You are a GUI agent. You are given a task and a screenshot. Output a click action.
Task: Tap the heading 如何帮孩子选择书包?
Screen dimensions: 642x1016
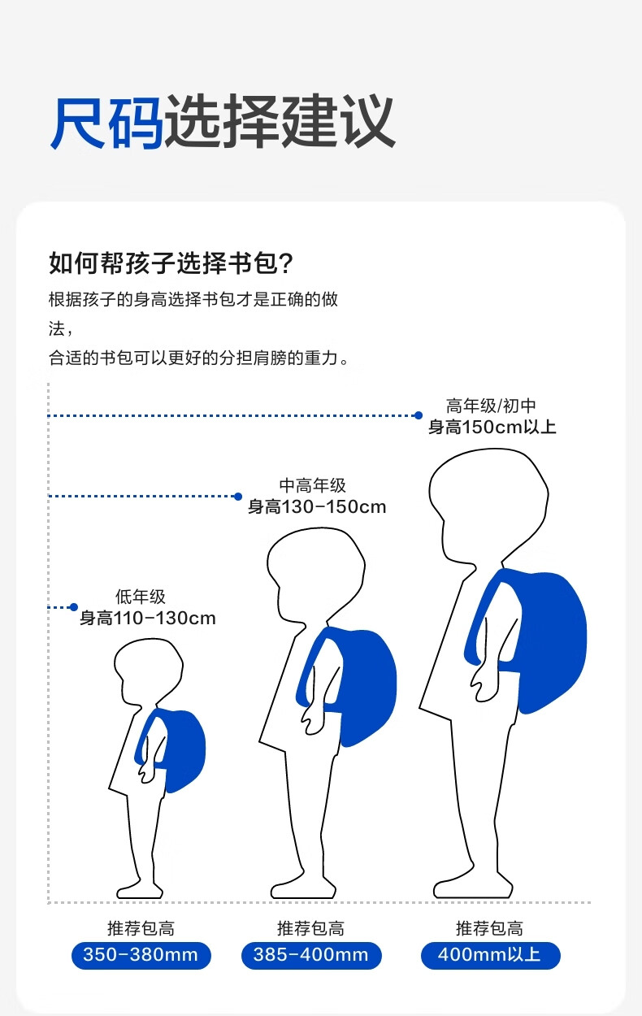coord(171,264)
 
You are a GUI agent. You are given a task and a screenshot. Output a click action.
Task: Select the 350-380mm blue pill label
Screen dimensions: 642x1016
coord(141,954)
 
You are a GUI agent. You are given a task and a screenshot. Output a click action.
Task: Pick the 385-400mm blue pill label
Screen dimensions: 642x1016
coord(310,954)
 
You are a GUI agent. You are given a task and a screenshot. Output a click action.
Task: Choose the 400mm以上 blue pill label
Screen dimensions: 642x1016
coord(490,954)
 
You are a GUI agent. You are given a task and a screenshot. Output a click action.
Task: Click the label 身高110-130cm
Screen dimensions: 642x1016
coord(148,618)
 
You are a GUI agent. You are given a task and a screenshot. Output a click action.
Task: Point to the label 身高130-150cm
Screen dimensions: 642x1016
coord(317,506)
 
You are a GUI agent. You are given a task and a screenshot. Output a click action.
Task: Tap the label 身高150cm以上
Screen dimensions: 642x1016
coord(492,426)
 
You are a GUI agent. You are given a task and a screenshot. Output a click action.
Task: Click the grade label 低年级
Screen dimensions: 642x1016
coord(140,597)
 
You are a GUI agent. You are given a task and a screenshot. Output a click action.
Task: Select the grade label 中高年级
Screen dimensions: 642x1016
coord(312,486)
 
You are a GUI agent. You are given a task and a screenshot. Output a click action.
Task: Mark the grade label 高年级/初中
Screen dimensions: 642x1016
coord(491,406)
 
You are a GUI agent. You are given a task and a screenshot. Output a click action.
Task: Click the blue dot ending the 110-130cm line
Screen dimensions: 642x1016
coord(73,607)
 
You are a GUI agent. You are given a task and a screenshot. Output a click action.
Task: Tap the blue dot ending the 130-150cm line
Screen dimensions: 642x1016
coord(238,496)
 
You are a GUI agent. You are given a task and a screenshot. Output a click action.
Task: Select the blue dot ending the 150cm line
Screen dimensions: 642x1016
coord(419,415)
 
